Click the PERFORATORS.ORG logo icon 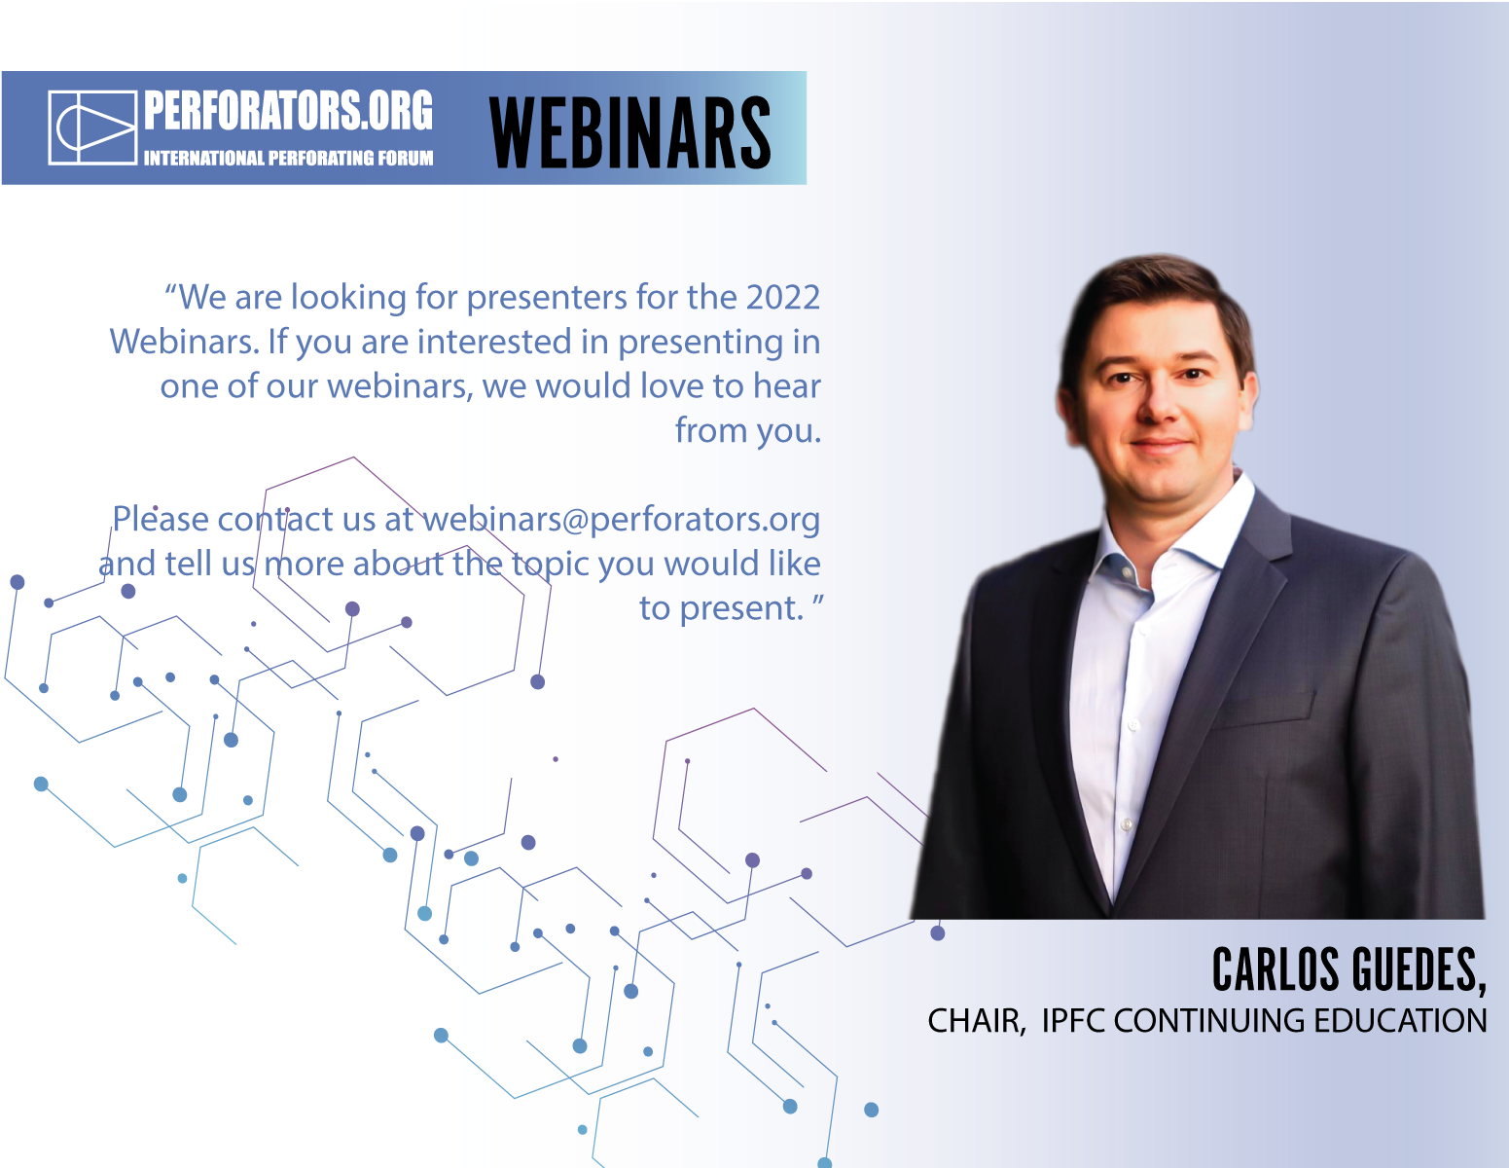[x=92, y=128]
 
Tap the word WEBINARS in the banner [x=629, y=132]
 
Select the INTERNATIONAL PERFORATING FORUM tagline [x=288, y=159]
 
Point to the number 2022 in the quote [x=782, y=297]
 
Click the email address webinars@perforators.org [x=622, y=520]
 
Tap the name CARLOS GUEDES [x=1348, y=970]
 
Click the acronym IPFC [x=1073, y=1021]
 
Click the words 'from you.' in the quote [x=748, y=430]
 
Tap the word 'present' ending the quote [x=737, y=609]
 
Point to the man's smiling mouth [x=1159, y=445]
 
